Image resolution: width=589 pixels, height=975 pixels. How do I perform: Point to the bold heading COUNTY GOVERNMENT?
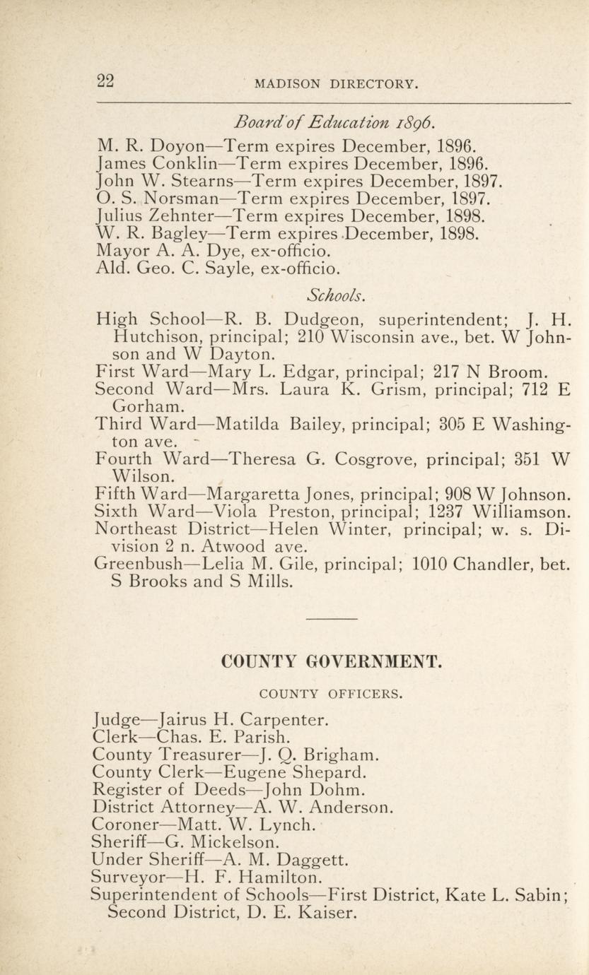[332, 663]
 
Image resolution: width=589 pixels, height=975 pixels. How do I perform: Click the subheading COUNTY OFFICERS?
[331, 694]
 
